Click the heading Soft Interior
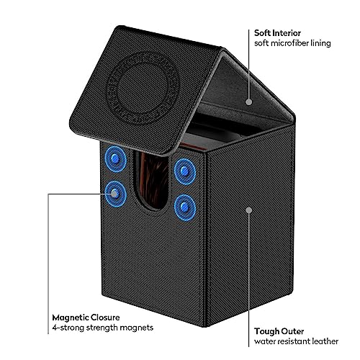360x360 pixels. [x=277, y=33]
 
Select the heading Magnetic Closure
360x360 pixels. [x=86, y=318]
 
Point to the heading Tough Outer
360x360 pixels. [x=279, y=331]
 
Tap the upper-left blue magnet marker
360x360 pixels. [x=115, y=158]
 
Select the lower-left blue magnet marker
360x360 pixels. [x=115, y=194]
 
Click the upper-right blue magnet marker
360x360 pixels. [x=184, y=171]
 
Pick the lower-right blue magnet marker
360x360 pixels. [x=184, y=207]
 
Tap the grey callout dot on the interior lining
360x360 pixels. [x=249, y=102]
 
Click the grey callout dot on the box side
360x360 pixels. [x=249, y=210]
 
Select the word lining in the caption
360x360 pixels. [x=320, y=43]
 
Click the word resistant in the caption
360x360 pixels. [x=292, y=341]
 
